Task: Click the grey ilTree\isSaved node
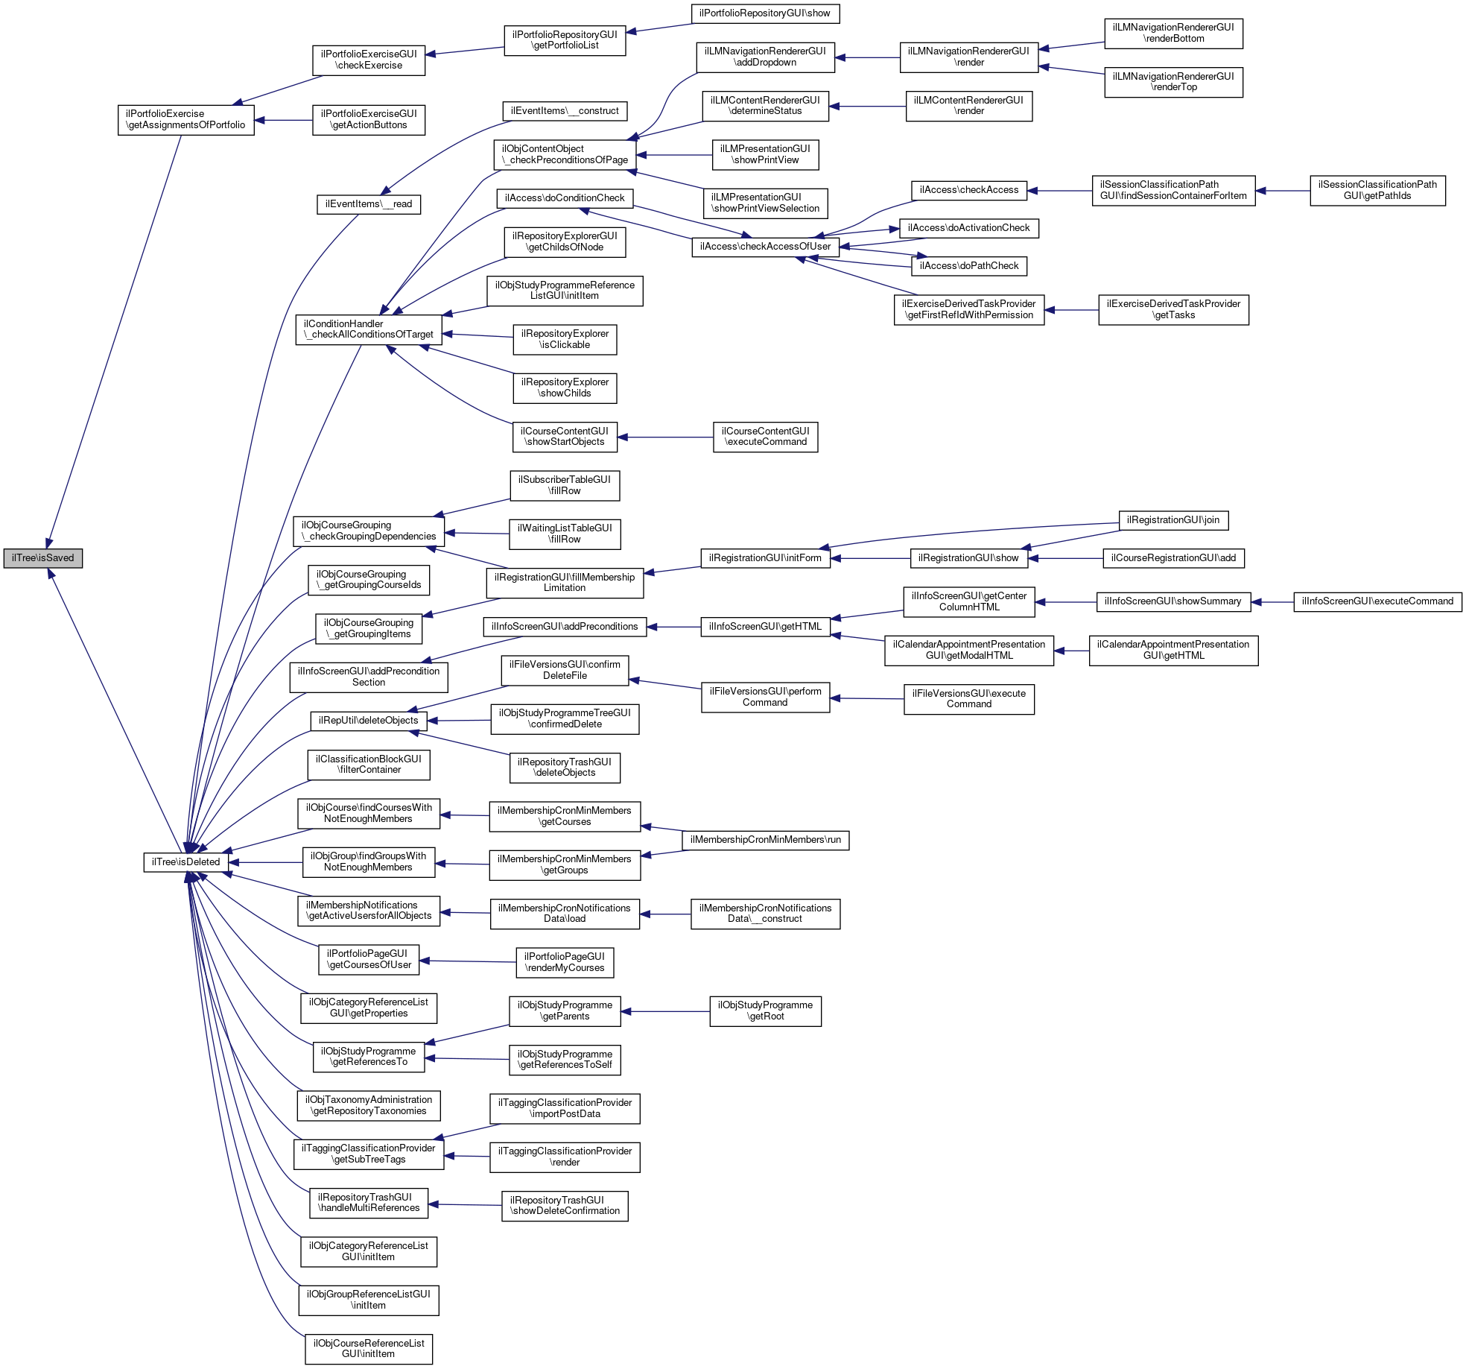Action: pos(43,558)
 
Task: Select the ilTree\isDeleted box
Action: pos(185,862)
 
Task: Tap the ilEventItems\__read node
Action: pos(369,204)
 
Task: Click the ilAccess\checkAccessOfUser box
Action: pos(765,247)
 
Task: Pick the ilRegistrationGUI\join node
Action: pos(1173,520)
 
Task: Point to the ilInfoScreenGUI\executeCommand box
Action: pos(1377,601)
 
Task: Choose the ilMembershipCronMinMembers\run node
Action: pos(765,840)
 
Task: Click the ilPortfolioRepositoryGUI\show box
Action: pos(765,13)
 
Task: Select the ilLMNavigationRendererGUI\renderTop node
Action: pos(1173,82)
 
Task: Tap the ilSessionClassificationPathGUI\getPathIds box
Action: pos(1377,190)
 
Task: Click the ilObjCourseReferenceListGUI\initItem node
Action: pos(369,1349)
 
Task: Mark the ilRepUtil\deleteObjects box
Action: pos(369,721)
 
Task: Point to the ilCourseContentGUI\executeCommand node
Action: pos(765,437)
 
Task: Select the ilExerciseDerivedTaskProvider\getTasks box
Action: pos(1173,309)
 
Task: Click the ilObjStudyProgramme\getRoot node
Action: pos(765,1011)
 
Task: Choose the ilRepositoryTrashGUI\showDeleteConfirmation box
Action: pos(565,1206)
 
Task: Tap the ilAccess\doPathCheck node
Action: pos(968,266)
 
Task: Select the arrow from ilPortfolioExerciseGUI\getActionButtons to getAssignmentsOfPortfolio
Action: pos(283,120)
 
